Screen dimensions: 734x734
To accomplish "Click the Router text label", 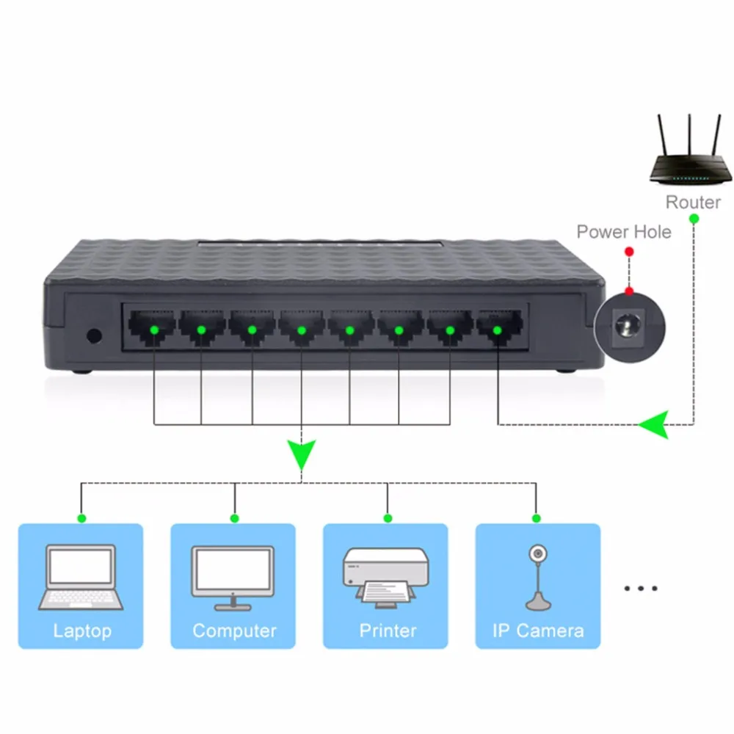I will coord(692,202).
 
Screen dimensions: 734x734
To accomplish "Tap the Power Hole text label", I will coord(623,232).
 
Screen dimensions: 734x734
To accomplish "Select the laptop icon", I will coord(80,577).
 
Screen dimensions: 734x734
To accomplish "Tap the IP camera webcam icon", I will coord(538,577).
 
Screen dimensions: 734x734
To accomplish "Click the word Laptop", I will coord(81,631).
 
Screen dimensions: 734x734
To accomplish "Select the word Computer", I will coord(234,631).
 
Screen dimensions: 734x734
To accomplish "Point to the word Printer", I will coord(387,631).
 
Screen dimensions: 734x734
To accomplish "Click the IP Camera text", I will coord(538,631).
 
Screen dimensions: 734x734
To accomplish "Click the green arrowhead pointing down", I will coord(301,454).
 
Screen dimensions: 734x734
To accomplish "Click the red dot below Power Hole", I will coord(628,252).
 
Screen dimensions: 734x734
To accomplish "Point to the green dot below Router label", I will coord(693,218).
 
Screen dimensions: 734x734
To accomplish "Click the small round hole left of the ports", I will coord(93,336).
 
